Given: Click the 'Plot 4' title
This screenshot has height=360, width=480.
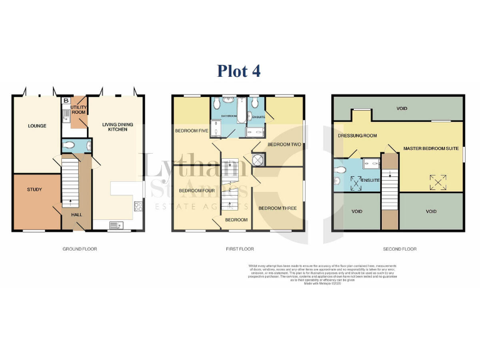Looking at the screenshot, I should [239, 71].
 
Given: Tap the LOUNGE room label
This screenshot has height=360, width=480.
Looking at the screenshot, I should [37, 126].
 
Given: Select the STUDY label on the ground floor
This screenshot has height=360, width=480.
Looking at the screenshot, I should [34, 189].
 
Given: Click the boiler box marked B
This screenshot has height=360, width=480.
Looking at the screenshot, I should [66, 101].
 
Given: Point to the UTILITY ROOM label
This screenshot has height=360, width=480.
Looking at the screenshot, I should [79, 111].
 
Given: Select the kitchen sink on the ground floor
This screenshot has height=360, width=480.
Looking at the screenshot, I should [116, 225].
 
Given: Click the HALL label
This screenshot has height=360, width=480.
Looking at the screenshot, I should [76, 214].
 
